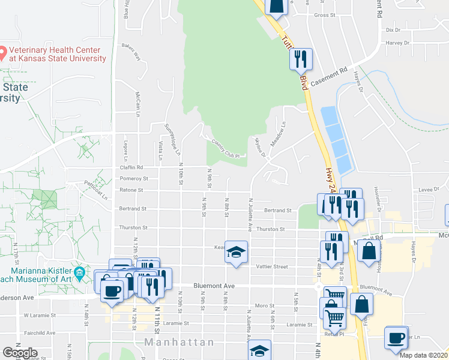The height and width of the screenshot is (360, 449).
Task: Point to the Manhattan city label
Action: (x=179, y=342)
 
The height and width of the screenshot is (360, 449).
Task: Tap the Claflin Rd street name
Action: (x=131, y=167)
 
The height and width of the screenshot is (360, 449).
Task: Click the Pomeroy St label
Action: (x=133, y=178)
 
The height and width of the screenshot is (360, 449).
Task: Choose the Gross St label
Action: (x=324, y=15)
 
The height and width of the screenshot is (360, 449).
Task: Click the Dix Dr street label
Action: (x=393, y=29)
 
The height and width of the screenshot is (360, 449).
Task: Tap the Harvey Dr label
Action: (x=397, y=43)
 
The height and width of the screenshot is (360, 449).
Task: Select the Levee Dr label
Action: (x=427, y=189)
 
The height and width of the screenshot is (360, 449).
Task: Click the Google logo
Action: (x=20, y=353)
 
